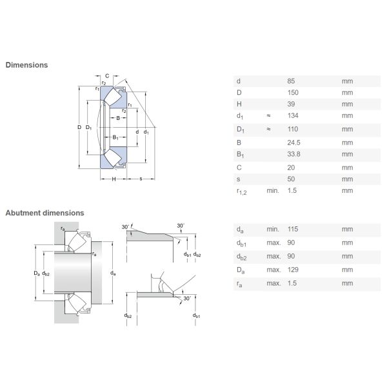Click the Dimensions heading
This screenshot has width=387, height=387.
(x=26, y=65)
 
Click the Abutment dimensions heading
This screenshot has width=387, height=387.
(x=45, y=213)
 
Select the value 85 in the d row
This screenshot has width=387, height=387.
(x=291, y=81)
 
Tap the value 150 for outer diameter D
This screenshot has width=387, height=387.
(x=293, y=93)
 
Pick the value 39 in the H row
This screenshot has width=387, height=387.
(x=291, y=104)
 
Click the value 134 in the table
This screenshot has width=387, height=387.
(x=293, y=115)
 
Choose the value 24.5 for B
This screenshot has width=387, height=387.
(x=293, y=143)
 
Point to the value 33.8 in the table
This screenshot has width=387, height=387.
(x=293, y=154)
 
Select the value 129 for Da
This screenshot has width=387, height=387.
(x=293, y=270)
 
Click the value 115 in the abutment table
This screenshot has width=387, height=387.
(x=293, y=229)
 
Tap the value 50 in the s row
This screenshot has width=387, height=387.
(x=291, y=179)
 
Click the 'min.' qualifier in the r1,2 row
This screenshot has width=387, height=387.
(x=273, y=190)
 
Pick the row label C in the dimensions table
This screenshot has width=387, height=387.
(x=239, y=168)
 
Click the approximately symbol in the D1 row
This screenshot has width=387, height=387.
(x=268, y=129)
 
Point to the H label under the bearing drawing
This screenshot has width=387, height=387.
(x=114, y=179)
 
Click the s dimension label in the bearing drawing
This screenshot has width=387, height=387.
(x=141, y=179)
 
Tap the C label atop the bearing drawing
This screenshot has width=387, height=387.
(x=107, y=75)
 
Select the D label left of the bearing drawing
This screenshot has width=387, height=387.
(x=79, y=127)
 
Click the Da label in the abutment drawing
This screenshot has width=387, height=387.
(x=37, y=273)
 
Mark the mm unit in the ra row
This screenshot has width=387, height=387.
(x=347, y=283)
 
